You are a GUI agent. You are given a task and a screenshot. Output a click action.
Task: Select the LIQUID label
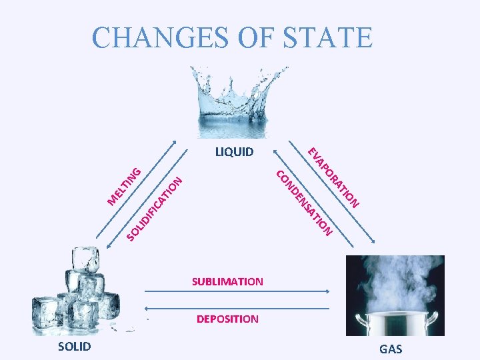click(x=234, y=152)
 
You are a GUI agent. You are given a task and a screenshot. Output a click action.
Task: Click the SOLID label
click(x=75, y=346)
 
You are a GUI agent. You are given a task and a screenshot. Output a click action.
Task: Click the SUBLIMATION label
click(x=227, y=281)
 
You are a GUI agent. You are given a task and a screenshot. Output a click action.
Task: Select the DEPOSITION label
click(x=227, y=319)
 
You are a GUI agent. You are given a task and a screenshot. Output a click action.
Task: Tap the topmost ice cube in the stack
click(x=85, y=257)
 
